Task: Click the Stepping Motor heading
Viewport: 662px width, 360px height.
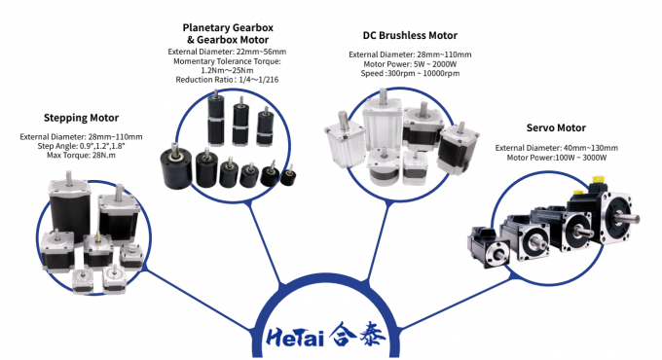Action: (x=81, y=118)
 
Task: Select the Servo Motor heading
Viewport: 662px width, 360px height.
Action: (x=556, y=127)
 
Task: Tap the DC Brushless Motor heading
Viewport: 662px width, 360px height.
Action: (x=410, y=35)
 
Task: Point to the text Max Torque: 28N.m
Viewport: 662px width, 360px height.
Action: (x=81, y=156)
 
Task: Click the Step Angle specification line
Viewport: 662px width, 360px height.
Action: (x=81, y=146)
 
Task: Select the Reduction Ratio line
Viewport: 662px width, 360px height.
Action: (x=227, y=80)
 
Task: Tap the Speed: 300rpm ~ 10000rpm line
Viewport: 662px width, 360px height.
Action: (x=410, y=73)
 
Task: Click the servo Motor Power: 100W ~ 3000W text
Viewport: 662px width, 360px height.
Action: (x=557, y=158)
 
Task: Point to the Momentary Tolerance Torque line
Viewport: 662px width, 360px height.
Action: (x=227, y=61)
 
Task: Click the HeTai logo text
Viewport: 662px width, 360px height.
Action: (x=295, y=337)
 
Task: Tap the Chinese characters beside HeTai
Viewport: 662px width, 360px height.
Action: (x=357, y=335)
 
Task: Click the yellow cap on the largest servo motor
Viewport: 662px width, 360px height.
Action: (x=597, y=180)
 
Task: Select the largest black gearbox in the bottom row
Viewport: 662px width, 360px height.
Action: (x=176, y=166)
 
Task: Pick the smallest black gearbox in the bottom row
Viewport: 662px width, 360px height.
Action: (x=288, y=176)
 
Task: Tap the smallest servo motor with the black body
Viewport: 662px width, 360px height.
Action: (x=489, y=247)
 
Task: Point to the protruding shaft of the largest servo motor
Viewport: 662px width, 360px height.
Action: (x=630, y=219)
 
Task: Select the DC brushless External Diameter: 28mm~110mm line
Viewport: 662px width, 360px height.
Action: (x=410, y=54)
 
